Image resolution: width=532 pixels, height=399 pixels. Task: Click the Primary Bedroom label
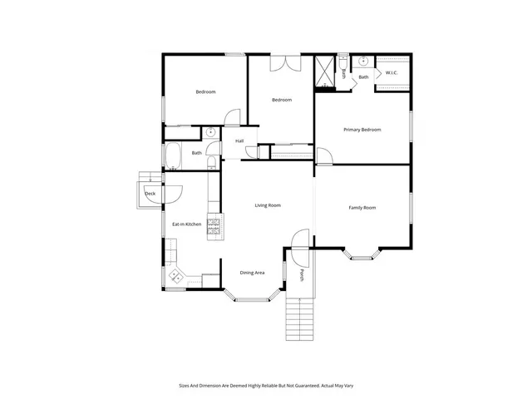tap(363, 130)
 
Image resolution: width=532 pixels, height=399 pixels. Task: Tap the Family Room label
tap(362, 207)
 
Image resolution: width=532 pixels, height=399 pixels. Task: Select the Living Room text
tap(268, 204)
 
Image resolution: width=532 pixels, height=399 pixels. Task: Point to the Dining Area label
tap(253, 273)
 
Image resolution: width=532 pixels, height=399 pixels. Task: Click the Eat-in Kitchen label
tap(187, 224)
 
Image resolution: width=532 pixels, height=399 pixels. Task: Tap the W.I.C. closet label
tap(392, 73)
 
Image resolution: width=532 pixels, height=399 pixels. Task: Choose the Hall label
tap(239, 140)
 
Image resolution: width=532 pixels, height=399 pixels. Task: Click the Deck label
tap(150, 194)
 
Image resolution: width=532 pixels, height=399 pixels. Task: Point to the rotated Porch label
tap(302, 276)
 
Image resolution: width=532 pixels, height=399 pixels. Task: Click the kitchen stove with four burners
tap(214, 227)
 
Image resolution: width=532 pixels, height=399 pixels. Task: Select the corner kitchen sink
tap(175, 276)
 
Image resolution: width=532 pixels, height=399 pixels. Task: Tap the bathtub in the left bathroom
tap(175, 157)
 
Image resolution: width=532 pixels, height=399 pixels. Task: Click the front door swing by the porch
tap(300, 239)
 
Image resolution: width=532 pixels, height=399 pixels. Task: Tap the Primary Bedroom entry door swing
tap(323, 155)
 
